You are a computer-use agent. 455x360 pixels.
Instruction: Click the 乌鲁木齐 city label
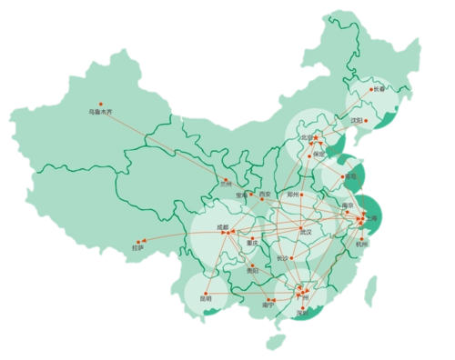point(98,112)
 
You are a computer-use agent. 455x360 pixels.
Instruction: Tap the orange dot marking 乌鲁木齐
point(101,103)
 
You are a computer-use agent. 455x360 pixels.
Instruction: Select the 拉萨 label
point(138,246)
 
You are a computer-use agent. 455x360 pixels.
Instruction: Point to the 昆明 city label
point(204,297)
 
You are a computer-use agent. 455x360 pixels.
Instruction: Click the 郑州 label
point(293,194)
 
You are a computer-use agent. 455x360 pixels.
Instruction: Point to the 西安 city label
point(265,194)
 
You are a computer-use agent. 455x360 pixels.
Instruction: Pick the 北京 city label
point(307,137)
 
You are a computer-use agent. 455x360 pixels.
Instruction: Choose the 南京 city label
point(347,206)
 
